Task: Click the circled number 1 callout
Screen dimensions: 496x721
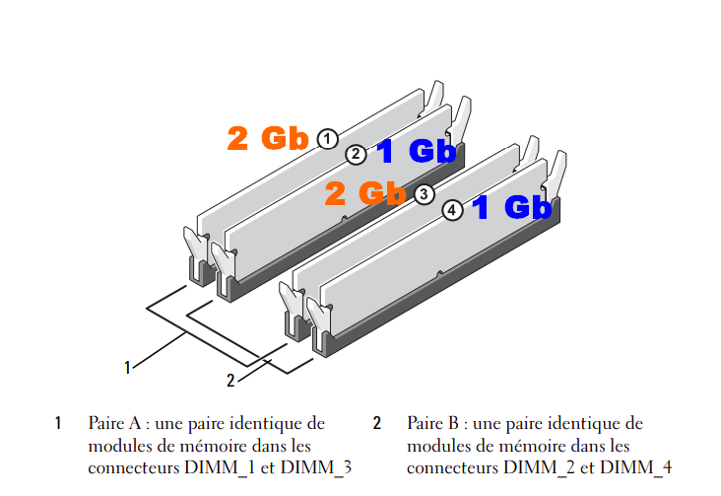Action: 328,139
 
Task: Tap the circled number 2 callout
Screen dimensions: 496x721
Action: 357,154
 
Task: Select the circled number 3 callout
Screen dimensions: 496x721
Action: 424,194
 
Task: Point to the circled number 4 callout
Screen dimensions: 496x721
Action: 452,210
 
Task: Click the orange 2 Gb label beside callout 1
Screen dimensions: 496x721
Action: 268,138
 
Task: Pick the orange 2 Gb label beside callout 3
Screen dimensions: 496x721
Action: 365,193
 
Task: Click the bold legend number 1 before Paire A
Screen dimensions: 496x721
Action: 58,424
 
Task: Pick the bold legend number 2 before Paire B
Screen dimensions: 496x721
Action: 376,424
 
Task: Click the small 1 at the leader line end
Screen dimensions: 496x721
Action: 127,368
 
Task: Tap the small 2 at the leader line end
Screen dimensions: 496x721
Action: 230,380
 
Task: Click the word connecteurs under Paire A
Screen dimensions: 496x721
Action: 126,466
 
